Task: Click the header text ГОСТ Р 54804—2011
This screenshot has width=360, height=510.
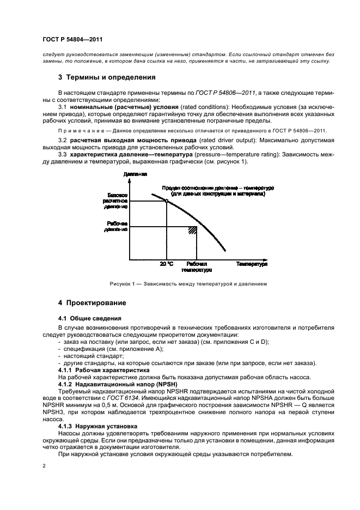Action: click(x=72, y=40)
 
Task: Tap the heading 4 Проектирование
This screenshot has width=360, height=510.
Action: click(x=92, y=302)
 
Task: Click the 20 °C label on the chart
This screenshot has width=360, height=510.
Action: click(x=166, y=264)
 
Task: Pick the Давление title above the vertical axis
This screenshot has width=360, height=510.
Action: click(x=135, y=174)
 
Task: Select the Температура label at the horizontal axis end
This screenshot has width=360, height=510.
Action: click(x=252, y=264)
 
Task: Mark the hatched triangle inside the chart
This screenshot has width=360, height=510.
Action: click(x=192, y=230)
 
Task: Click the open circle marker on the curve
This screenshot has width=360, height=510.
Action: click(x=166, y=201)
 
